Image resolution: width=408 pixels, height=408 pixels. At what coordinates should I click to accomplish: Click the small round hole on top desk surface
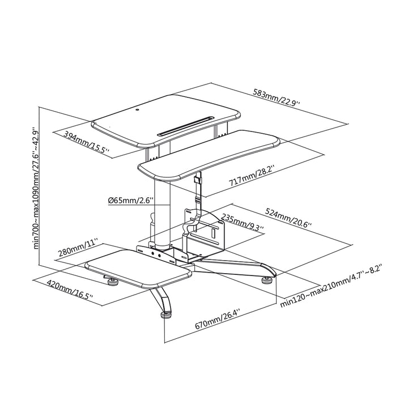click(x=138, y=108)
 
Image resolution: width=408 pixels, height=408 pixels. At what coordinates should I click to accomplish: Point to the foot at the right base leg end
click(x=266, y=278)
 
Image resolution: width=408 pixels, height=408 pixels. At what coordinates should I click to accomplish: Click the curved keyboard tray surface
click(x=210, y=152)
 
